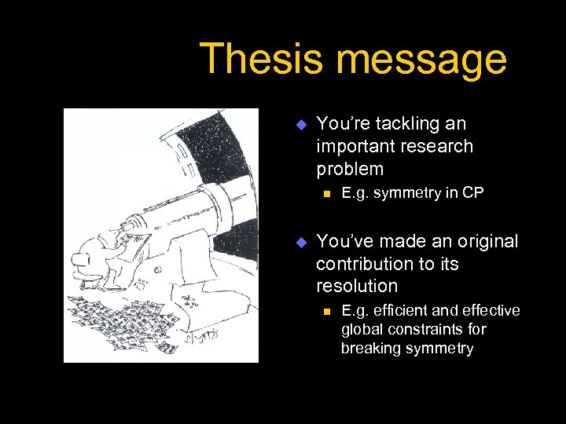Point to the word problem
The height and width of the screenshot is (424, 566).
coord(350,169)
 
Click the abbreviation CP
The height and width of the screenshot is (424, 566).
coord(473,194)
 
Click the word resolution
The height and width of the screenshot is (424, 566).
coord(357,286)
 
